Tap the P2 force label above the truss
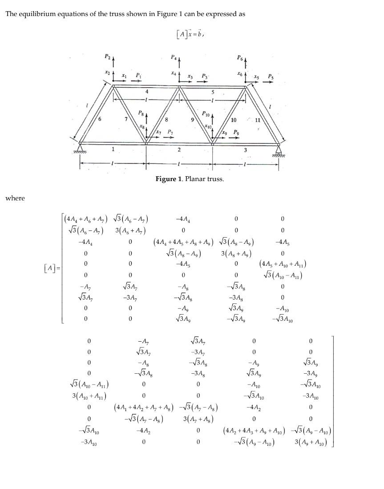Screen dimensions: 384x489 pyautogui.click(x=107, y=57)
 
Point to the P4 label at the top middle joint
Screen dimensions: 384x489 pyautogui.click(x=174, y=57)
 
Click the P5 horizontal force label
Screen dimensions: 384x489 pyautogui.click(x=271, y=77)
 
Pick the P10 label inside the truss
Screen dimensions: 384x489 pyautogui.click(x=206, y=114)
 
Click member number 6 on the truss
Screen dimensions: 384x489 pyautogui.click(x=100, y=119)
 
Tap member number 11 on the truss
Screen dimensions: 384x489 pyautogui.click(x=257, y=120)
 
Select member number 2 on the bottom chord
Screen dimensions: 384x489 pyautogui.click(x=179, y=150)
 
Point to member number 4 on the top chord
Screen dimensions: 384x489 pyautogui.click(x=147, y=91)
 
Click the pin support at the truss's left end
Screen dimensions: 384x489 pyautogui.click(x=81, y=148)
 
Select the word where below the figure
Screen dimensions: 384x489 pyautogui.click(x=15, y=198)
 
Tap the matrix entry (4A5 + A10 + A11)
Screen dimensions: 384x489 pyautogui.click(x=283, y=264)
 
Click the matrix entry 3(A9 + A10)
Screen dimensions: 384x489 pyautogui.click(x=311, y=442)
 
